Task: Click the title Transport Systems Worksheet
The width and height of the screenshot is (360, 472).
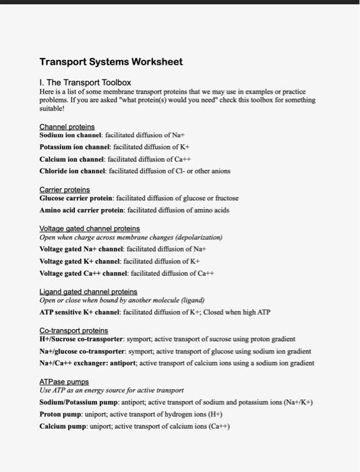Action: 111,62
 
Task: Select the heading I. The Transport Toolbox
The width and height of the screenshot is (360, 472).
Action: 85,82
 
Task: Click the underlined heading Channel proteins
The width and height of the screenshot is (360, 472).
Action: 67,126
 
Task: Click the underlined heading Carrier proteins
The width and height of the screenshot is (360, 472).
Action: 65,190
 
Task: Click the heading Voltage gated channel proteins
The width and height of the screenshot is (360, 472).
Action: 90,229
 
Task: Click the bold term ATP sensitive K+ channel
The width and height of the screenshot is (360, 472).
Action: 80,312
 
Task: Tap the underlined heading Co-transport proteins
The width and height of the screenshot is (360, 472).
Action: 73,331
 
